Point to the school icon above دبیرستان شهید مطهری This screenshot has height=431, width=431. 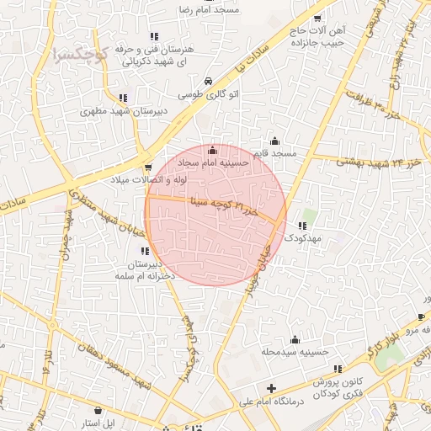coord(125,98)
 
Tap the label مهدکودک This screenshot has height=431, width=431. coord(302,239)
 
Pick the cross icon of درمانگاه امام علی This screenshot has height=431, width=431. coord(270,389)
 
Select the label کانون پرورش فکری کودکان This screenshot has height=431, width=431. coord(332,388)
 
